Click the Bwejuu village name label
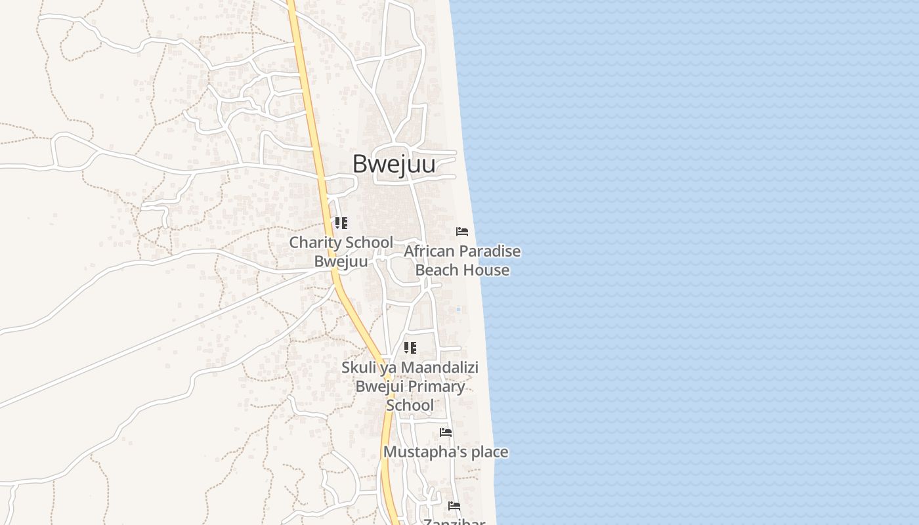(393, 164)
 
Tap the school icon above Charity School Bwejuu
(341, 223)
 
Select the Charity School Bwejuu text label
(341, 252)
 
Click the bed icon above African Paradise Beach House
(462, 232)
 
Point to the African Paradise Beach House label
(462, 261)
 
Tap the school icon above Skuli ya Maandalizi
(410, 348)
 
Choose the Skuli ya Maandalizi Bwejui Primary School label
(410, 387)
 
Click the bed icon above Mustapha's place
(446, 432)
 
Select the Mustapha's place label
(446, 452)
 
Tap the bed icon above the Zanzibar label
(454, 506)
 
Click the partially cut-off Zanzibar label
(454, 522)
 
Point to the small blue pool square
(458, 310)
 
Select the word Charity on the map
(313, 243)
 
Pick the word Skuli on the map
(358, 367)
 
